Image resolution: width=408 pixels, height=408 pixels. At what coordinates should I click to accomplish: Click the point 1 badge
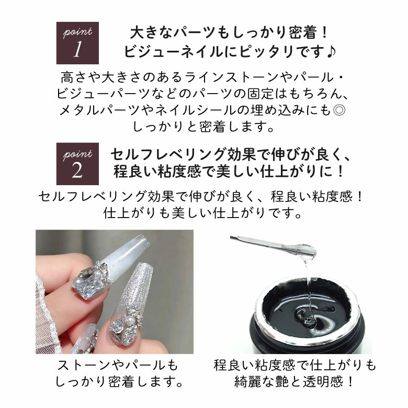tap(77, 43)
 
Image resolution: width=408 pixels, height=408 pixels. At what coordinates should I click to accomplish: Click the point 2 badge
tap(77, 164)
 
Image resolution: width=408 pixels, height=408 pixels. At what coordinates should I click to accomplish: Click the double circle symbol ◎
tap(339, 110)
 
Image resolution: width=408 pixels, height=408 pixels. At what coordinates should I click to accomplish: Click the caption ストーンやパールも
tap(118, 366)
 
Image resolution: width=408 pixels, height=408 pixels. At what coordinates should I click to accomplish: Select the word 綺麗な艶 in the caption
tap(261, 382)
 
